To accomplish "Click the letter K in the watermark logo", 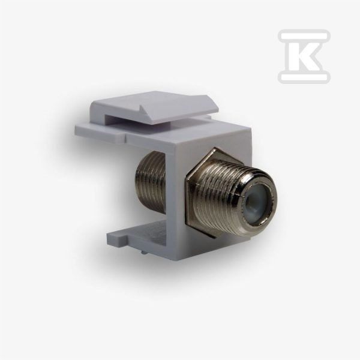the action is [x=303, y=56].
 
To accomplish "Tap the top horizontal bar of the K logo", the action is [x=304, y=35].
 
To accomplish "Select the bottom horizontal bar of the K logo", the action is [x=304, y=77].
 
